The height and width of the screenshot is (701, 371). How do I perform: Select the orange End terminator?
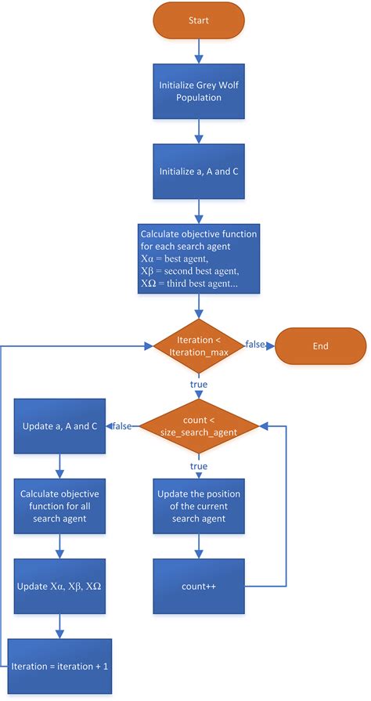[320, 345]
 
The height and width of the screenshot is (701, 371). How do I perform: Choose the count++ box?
[198, 585]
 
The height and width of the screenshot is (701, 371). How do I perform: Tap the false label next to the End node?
[256, 345]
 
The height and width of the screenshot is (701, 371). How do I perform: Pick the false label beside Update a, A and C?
[122, 426]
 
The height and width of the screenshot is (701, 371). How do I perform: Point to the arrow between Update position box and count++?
[198, 545]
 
